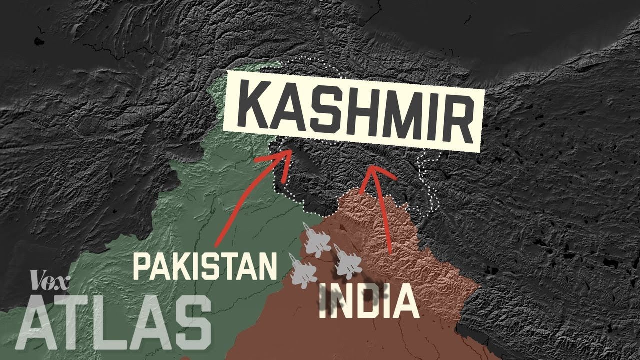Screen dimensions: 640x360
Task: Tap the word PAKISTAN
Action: pyautogui.click(x=205, y=266)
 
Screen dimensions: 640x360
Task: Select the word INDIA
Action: pyautogui.click(x=369, y=302)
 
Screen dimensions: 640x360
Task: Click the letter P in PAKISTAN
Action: pyautogui.click(x=142, y=266)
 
